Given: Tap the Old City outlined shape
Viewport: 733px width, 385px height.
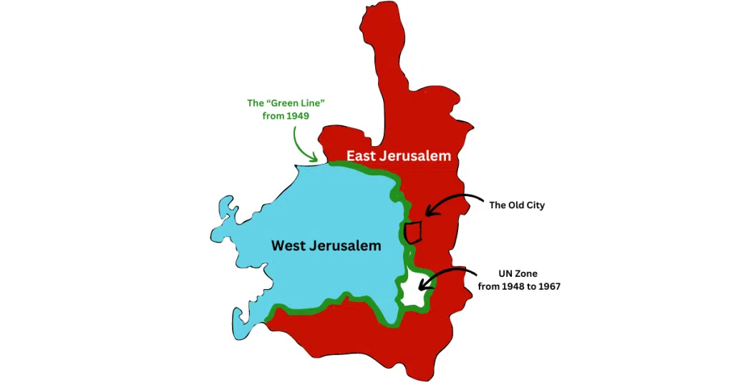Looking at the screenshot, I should pyautogui.click(x=412, y=233).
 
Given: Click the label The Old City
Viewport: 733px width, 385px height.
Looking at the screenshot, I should pyautogui.click(x=517, y=205).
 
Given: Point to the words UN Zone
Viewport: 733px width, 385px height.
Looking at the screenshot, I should pyautogui.click(x=519, y=273).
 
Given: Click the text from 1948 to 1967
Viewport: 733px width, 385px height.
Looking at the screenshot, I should pyautogui.click(x=519, y=287).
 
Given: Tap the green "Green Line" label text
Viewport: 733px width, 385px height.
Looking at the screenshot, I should pyautogui.click(x=281, y=103).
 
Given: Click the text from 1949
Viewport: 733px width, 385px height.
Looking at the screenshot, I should pyautogui.click(x=286, y=116).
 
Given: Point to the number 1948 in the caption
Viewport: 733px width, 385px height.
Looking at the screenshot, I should pyautogui.click(x=511, y=287).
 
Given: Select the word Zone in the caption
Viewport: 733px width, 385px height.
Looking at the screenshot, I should pyautogui.click(x=528, y=273).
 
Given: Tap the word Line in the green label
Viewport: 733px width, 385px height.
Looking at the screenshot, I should pyautogui.click(x=298, y=103).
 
